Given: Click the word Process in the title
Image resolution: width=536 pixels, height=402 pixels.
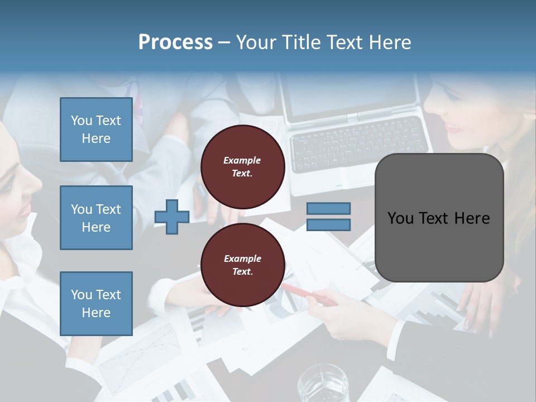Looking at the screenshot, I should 175,42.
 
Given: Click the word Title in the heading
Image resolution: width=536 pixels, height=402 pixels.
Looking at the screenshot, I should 301,42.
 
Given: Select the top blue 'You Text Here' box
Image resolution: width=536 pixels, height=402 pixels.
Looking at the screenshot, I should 96,130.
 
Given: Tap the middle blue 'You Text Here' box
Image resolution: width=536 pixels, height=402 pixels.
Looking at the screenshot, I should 96,218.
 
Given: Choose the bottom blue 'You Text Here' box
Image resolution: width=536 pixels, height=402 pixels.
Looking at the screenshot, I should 96,303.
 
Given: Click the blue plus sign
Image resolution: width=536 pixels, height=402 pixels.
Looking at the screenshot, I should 171,217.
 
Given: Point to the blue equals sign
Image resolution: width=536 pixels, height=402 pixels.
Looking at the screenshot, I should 329,217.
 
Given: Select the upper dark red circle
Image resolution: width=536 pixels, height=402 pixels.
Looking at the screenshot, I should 242,167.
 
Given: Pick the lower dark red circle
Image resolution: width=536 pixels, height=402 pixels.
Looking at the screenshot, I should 242,265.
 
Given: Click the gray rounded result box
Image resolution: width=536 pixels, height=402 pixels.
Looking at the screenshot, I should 439,218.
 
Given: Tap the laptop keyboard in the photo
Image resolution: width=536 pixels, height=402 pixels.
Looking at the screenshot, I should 357,143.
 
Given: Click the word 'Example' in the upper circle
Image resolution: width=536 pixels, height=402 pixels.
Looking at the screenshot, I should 242,160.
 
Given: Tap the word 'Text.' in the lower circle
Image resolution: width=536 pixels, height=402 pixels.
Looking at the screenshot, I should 242,272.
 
